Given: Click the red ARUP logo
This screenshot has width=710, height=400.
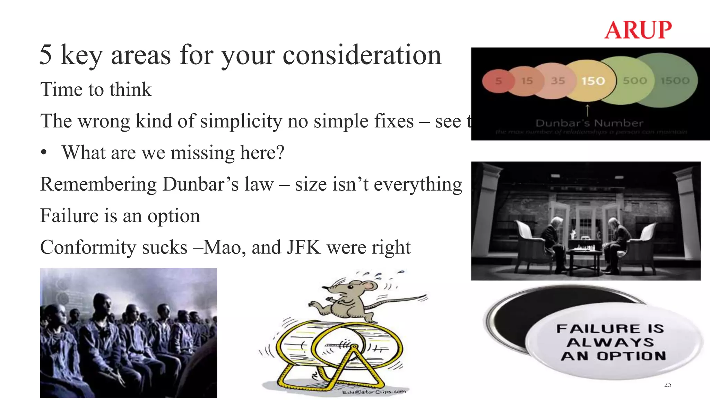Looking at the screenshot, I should tap(638, 30).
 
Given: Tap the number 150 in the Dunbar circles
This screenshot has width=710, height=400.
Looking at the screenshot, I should tap(593, 81).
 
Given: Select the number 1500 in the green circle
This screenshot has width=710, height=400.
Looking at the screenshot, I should tap(675, 81).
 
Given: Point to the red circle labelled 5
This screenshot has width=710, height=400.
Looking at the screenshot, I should tap(499, 81).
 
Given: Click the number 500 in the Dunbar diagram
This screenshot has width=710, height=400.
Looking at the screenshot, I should tap(635, 81).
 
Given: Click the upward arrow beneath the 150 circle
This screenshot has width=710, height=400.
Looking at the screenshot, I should tap(587, 110).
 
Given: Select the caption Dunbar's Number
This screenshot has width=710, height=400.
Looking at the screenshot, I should tap(589, 123).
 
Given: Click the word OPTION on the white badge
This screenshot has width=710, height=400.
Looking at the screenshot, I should tap(631, 356).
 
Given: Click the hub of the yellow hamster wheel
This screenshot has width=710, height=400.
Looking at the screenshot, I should tap(354, 346).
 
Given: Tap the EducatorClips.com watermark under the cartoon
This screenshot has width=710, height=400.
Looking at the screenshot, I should tap(374, 392).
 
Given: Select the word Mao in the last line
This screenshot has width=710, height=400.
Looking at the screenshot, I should tap(222, 247).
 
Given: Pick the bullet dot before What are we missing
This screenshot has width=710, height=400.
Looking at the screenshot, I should tap(44, 153).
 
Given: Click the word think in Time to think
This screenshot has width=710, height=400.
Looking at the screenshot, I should tap(130, 90).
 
